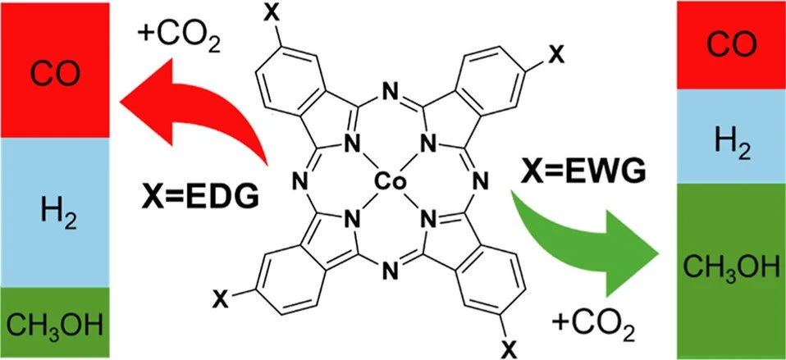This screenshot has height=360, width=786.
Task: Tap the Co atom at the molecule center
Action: coord(386,180)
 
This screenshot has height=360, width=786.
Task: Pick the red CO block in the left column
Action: coord(53,71)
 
